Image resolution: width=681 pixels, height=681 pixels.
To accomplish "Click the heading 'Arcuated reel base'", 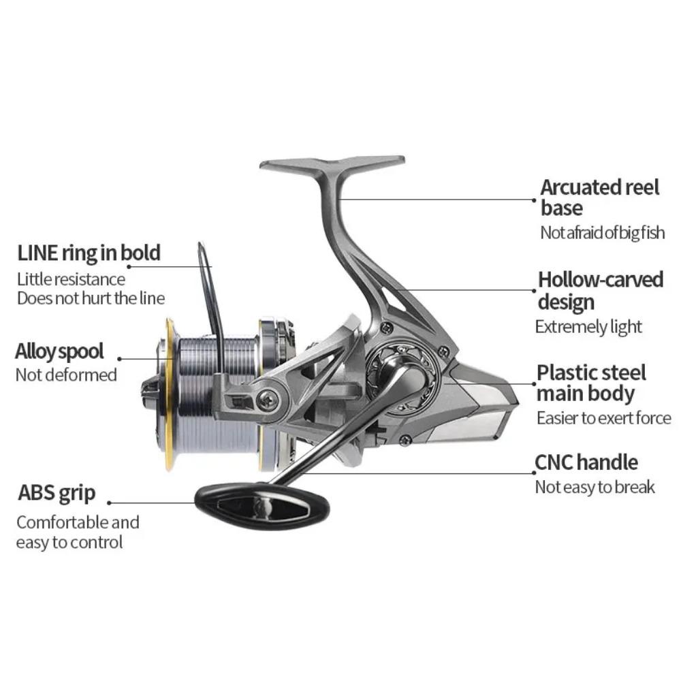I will tap(599, 197).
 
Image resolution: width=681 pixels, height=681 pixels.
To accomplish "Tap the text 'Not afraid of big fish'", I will tap(602, 233).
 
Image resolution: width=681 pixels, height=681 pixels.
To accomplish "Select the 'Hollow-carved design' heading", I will tap(600, 290).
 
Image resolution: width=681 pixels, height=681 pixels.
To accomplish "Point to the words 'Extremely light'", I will tap(588, 327).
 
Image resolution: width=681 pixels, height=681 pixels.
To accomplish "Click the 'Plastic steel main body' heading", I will tap(591, 383).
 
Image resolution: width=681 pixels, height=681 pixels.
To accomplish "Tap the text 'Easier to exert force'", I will tap(603, 418).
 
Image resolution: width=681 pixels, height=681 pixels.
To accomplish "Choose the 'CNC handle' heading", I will tap(586, 462).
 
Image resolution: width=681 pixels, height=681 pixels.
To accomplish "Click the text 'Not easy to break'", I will tap(595, 487).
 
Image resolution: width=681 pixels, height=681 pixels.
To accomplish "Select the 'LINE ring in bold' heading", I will tap(89, 253).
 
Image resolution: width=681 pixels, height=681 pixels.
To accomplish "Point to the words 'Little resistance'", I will tap(71, 279).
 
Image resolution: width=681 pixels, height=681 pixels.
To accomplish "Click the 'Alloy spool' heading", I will tap(59, 351).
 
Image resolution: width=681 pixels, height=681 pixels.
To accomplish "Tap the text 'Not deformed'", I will tap(66, 375).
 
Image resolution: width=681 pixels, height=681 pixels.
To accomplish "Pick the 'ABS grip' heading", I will tap(57, 492).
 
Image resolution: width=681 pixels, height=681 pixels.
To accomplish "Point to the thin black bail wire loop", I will tap(204, 272).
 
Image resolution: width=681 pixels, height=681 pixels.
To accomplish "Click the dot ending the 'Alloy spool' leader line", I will tap(120, 358).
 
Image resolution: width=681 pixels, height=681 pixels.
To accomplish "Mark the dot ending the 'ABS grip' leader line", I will tap(109, 503).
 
